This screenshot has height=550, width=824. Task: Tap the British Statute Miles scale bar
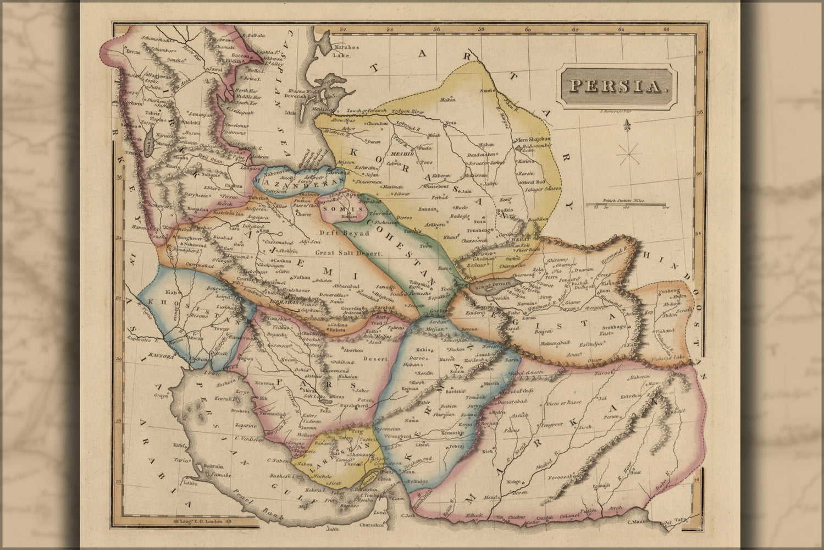626,205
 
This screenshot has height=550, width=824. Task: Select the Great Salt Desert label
349,252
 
